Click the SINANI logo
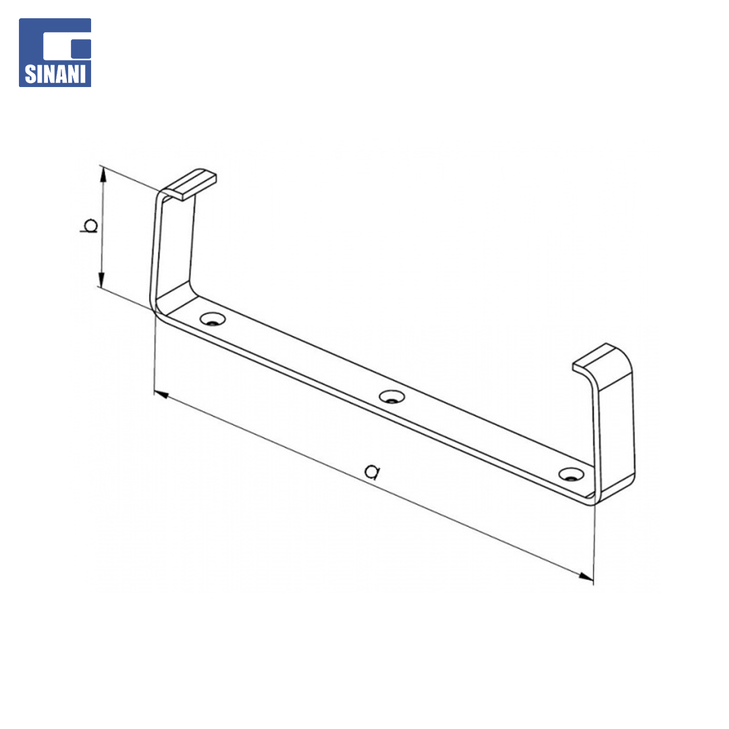(x=55, y=53)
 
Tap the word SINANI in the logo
(x=55, y=74)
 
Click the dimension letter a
(x=373, y=472)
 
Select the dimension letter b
(x=89, y=225)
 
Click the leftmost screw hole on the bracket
(x=213, y=319)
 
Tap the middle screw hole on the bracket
(x=391, y=397)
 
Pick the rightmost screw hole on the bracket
(x=571, y=475)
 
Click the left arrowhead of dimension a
(x=161, y=395)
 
